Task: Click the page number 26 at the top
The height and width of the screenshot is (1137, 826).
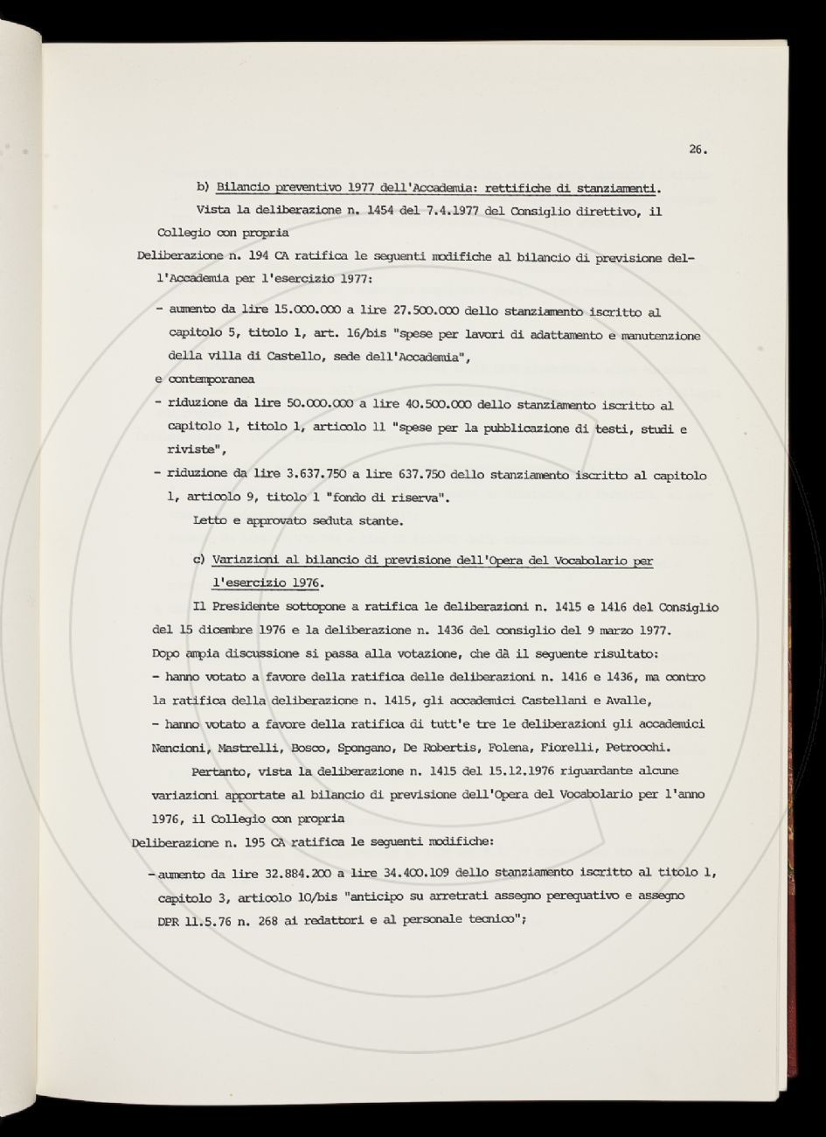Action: coord(697,150)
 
